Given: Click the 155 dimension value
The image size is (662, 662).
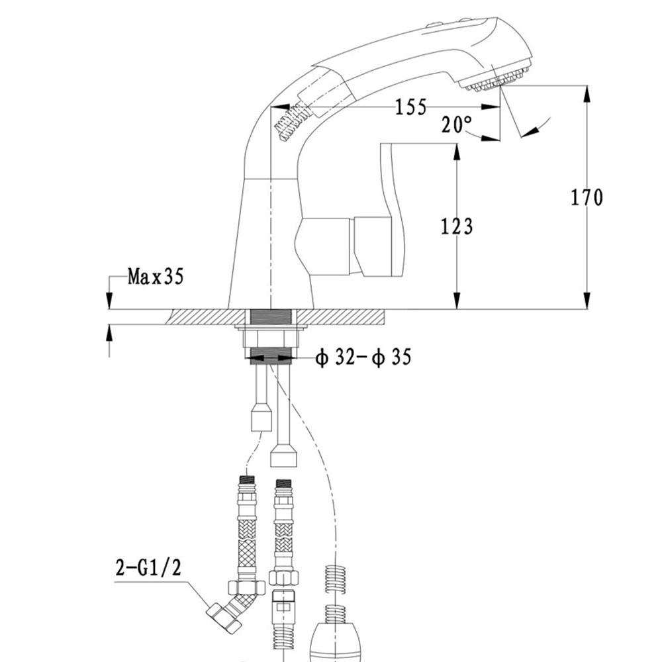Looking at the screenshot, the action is tap(411, 107).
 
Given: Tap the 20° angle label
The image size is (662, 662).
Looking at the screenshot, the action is tap(457, 124).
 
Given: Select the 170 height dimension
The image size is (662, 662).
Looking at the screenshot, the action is tap(587, 197).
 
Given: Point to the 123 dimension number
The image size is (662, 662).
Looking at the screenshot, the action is tap(457, 226).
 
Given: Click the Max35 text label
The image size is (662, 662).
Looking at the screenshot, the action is tap(156, 277).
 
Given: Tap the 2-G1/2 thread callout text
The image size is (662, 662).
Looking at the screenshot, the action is tap(148, 568).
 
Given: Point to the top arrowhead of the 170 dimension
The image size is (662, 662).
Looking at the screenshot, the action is tap(587, 94).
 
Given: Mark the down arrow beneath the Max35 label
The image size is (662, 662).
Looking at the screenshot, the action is tap(109, 300).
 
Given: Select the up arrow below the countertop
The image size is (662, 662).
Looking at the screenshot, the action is tap(109, 333).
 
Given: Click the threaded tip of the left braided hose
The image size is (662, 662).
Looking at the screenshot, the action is tap(247, 480).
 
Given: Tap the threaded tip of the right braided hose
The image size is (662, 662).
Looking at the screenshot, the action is tap(283, 483).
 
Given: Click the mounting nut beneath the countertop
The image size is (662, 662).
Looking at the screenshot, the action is tap(271, 338).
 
